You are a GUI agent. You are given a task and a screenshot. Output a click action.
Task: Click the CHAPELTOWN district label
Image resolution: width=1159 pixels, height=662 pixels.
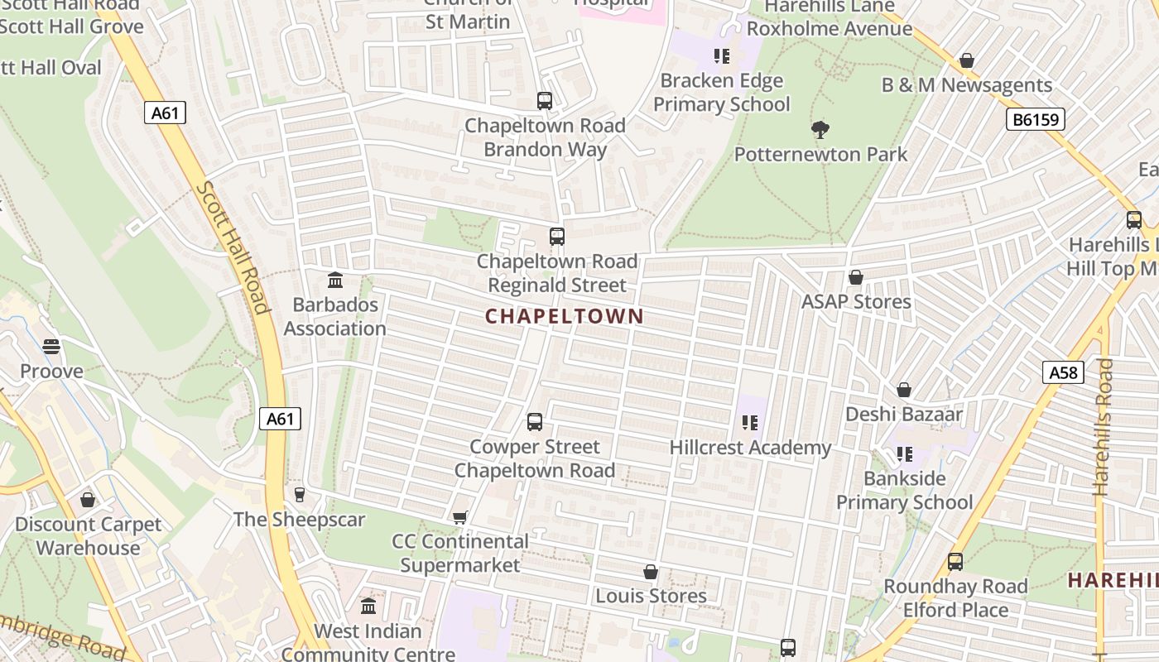(x=564, y=316)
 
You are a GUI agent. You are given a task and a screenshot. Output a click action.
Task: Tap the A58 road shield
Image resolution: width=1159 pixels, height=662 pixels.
(x=1063, y=372)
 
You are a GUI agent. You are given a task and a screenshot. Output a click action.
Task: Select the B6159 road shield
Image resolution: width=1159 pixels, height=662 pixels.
(x=1036, y=120)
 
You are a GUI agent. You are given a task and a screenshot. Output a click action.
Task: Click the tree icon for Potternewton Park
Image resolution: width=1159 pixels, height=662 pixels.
(x=820, y=130)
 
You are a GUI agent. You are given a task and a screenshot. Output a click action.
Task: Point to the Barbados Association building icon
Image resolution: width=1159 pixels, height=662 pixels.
(x=335, y=280)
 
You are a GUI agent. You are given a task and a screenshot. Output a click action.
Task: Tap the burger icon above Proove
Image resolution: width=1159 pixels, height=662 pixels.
(x=51, y=347)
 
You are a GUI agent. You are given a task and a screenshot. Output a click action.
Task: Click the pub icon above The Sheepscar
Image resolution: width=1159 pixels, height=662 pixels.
(x=299, y=495)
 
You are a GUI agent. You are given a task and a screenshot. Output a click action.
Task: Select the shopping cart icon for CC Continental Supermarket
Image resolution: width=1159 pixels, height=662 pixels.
(x=459, y=517)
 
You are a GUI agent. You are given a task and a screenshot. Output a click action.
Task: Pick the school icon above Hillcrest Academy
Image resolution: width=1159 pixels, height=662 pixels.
(x=750, y=423)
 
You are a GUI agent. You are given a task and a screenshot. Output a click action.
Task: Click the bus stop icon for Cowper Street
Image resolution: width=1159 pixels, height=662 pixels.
(x=535, y=422)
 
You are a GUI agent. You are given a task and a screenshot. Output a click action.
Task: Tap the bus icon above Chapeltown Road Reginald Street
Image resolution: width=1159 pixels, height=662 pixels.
(x=557, y=237)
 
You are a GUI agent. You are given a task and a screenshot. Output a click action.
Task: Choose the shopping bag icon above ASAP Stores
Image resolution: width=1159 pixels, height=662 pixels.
(x=855, y=277)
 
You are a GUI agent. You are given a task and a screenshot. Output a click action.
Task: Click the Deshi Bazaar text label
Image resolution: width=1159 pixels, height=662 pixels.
(x=904, y=414)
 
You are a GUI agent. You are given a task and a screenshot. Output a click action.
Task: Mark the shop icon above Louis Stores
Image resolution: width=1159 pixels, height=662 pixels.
(x=651, y=572)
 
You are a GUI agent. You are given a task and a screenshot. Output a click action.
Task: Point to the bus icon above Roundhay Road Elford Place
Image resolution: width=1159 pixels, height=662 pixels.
(x=955, y=562)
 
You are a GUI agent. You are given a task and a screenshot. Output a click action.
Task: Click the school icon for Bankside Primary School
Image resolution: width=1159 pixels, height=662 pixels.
(x=905, y=454)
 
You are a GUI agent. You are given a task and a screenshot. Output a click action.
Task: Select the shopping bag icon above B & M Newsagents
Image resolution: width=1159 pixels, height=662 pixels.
(x=966, y=60)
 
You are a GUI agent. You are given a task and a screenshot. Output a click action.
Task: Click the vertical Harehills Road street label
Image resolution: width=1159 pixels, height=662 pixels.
(x=1104, y=427)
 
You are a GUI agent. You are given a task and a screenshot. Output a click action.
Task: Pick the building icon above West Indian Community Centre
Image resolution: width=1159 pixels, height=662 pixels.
(x=368, y=607)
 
